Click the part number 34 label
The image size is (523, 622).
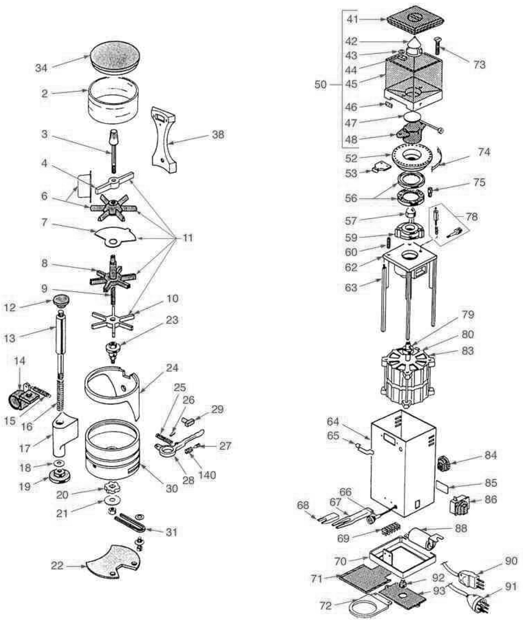coord(41,68)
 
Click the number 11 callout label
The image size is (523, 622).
coord(187,238)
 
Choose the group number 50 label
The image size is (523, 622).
coord(320,85)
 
